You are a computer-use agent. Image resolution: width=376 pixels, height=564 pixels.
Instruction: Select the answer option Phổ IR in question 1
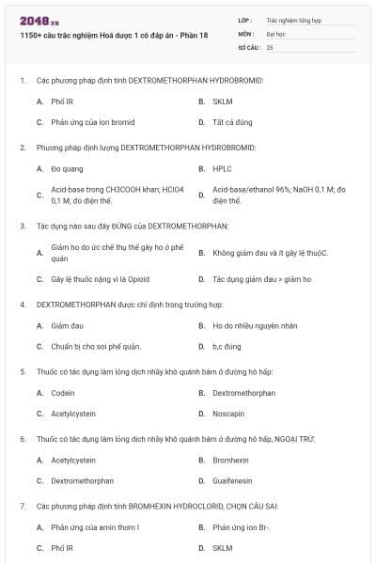click(x=62, y=101)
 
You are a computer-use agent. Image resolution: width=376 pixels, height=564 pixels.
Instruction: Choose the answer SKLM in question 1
click(x=222, y=101)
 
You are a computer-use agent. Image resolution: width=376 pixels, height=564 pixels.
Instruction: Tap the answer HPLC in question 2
click(x=222, y=169)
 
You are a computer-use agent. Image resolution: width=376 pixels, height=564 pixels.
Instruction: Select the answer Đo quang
click(x=67, y=169)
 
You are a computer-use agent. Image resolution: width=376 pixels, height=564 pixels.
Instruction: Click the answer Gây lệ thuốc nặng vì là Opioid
click(x=100, y=279)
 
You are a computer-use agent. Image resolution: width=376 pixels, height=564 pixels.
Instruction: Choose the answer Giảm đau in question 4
click(x=68, y=325)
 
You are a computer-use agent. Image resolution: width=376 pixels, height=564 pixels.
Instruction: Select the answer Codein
click(x=63, y=393)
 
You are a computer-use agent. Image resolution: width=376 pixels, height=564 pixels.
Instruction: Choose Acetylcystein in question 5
click(x=73, y=414)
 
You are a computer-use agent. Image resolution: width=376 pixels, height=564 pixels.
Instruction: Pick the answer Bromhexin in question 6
click(x=230, y=460)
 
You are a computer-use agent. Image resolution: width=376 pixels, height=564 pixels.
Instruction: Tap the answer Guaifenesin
click(x=232, y=480)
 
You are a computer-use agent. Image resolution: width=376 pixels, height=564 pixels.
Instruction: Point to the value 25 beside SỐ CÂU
click(x=270, y=46)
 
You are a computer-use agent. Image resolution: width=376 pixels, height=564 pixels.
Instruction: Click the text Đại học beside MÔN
click(x=275, y=32)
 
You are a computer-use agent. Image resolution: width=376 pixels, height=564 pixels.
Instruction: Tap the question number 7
click(x=22, y=506)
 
